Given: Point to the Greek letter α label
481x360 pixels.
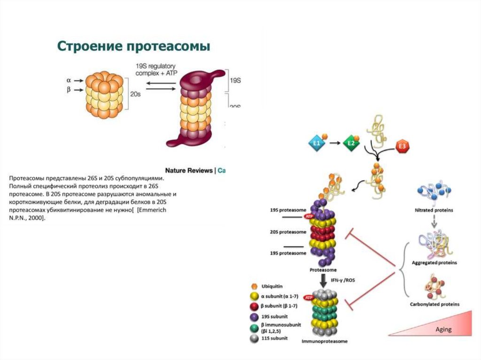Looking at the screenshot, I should pos(69,80).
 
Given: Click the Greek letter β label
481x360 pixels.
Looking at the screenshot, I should pos(69,90).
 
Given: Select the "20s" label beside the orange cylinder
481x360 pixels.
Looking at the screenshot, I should pos(135,94).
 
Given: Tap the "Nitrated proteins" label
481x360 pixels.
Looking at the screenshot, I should pos(434,210).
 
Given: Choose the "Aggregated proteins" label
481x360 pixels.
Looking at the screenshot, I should pos(434,262).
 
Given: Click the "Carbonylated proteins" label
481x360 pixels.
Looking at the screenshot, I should pos(434,304).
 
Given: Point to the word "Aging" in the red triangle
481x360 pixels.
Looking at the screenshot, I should pos(443,329).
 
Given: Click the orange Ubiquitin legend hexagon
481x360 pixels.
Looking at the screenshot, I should pos(254,286).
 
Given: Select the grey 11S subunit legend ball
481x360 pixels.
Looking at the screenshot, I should pos(254,338).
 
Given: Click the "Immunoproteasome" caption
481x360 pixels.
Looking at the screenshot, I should pos(325,342).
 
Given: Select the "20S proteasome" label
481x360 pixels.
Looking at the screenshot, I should pos(288,232).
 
